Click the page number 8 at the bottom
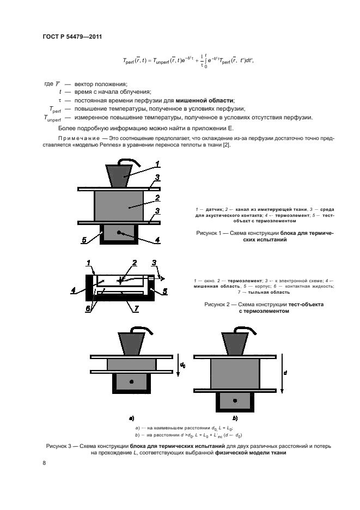45,463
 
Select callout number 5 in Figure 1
84,239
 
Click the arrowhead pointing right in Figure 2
163,278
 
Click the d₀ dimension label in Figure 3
183,363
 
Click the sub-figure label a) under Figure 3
131,418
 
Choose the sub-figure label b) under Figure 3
235,418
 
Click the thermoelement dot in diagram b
235,400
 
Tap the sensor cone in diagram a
131,344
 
